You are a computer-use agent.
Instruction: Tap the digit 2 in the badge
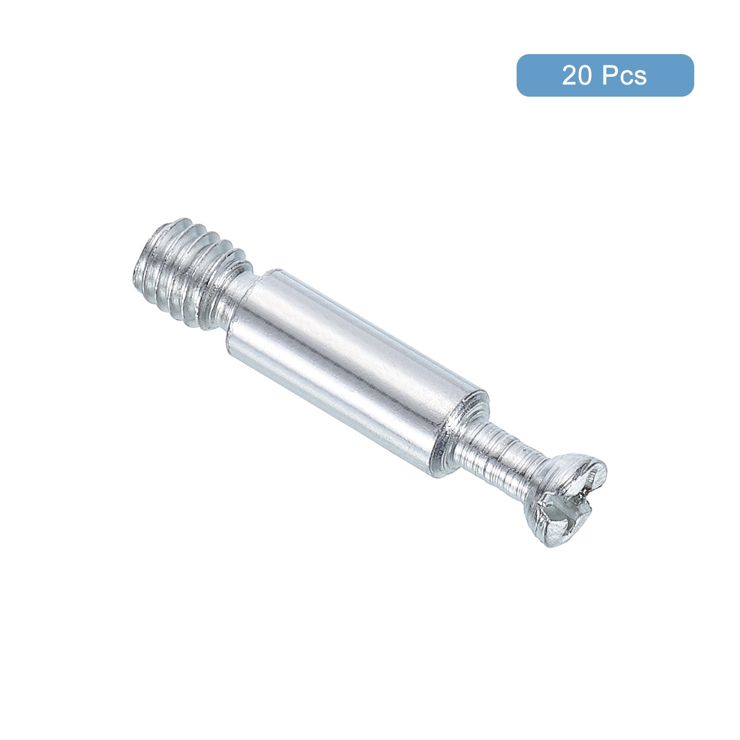point(570,76)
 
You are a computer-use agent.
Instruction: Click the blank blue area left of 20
point(539,76)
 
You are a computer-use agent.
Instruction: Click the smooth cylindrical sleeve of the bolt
point(356,365)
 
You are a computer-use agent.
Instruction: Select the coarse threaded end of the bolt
point(190,273)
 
